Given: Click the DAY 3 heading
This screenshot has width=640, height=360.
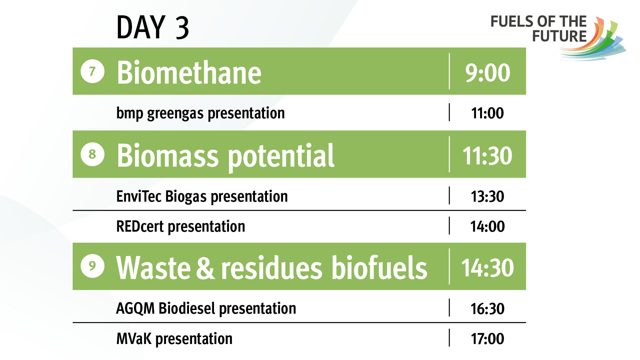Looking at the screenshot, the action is click(x=153, y=27).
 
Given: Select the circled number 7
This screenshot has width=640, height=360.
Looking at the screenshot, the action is click(x=92, y=71).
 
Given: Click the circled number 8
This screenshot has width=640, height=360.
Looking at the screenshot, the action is click(x=92, y=154).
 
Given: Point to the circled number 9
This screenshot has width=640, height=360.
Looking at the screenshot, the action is click(x=92, y=266).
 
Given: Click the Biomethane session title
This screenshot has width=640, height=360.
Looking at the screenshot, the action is click(x=189, y=72).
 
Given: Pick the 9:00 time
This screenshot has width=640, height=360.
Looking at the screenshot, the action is click(x=487, y=73).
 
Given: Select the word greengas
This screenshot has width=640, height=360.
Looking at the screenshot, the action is click(x=175, y=114).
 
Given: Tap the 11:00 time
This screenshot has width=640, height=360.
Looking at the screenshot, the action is click(x=487, y=113).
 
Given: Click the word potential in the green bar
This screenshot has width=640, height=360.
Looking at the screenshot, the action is click(x=281, y=156).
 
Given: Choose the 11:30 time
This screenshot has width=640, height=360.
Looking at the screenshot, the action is click(x=487, y=156).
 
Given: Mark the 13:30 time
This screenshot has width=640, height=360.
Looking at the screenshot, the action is click(x=487, y=197).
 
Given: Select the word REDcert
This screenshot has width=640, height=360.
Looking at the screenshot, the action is click(x=140, y=227).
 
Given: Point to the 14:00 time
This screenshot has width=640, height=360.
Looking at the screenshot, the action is click(x=487, y=227).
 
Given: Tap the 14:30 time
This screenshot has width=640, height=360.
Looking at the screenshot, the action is click(x=487, y=268).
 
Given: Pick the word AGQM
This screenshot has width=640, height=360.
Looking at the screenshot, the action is click(x=135, y=309).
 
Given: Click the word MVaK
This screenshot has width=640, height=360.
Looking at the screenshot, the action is click(x=134, y=339).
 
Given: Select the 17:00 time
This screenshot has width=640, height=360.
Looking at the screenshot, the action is click(x=487, y=339).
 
